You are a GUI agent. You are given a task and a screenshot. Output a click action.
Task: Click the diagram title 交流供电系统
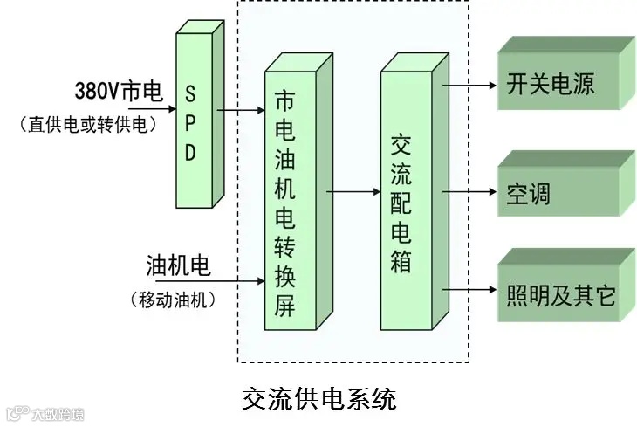[x=318, y=399]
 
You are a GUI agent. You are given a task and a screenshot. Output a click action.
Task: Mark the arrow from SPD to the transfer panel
[x=241, y=111]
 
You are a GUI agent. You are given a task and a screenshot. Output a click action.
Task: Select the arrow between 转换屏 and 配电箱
[x=353, y=190]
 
